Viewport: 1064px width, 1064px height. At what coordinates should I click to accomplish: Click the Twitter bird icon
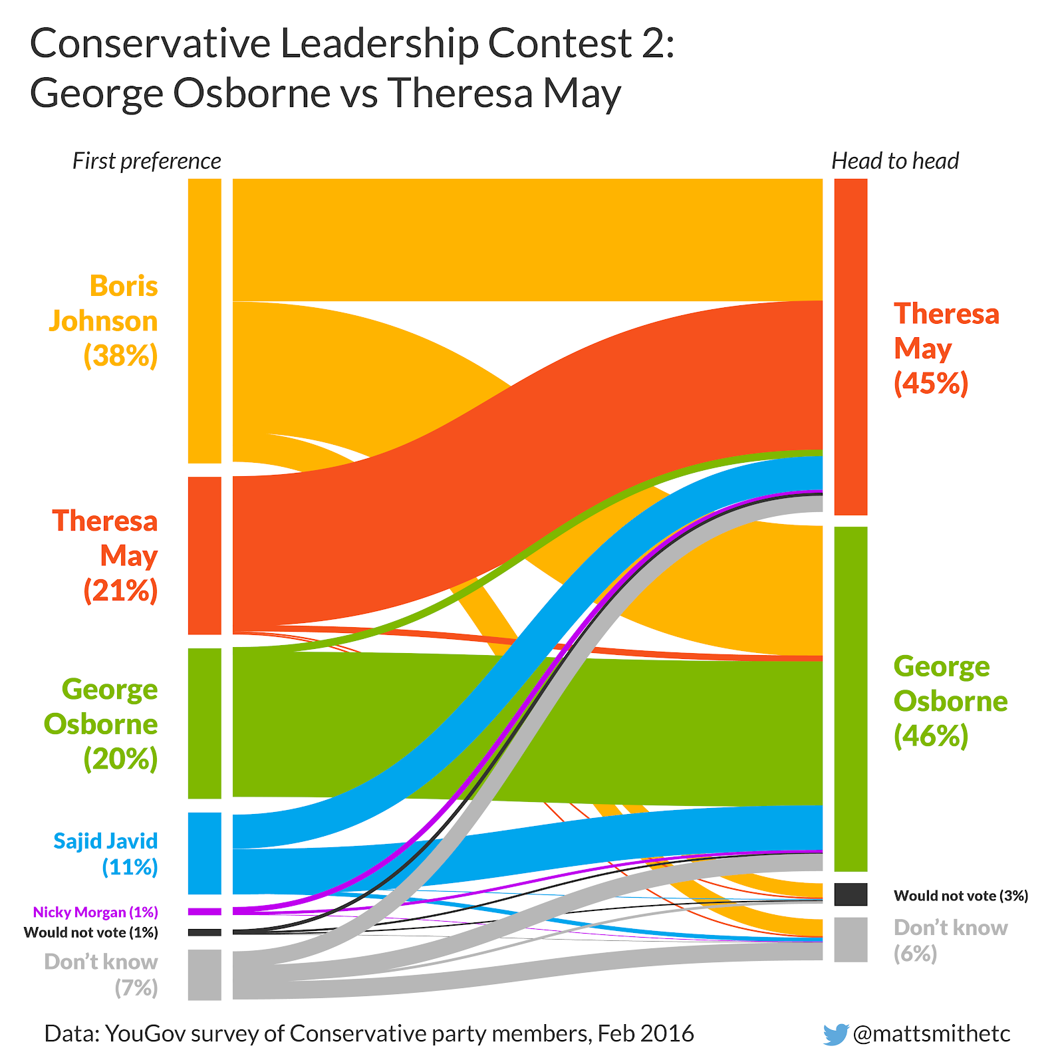click(836, 1034)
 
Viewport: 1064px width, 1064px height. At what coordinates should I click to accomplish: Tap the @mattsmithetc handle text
click(931, 1033)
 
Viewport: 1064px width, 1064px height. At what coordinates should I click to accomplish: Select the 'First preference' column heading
click(146, 161)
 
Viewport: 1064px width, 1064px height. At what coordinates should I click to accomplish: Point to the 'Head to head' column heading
click(895, 161)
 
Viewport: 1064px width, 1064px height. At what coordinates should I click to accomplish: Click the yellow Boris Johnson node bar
click(204, 321)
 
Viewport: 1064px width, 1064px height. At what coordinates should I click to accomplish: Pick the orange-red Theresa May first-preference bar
click(204, 555)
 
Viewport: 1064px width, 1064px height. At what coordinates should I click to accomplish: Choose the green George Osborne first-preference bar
click(204, 723)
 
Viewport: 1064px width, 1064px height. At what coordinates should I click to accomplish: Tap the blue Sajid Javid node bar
click(204, 853)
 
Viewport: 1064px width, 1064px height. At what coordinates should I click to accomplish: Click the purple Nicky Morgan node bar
click(204, 911)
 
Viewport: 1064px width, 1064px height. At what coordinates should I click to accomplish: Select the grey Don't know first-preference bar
click(204, 974)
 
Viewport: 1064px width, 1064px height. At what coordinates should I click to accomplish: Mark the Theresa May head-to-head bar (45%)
click(851, 346)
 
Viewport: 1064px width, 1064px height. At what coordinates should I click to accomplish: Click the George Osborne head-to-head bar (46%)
click(851, 698)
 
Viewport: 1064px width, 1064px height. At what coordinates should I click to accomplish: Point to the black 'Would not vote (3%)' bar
click(851, 894)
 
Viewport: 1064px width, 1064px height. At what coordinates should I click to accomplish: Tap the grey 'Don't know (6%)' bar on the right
click(851, 940)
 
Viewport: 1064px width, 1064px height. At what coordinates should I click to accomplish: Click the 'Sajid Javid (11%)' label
click(106, 854)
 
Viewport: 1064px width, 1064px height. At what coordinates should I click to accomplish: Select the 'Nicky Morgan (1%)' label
click(96, 912)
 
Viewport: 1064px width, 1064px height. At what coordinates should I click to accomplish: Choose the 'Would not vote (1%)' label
click(91, 932)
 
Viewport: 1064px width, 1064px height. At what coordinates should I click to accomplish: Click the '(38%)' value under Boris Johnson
click(120, 356)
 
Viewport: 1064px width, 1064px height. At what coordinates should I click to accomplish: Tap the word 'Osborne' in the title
click(251, 93)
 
